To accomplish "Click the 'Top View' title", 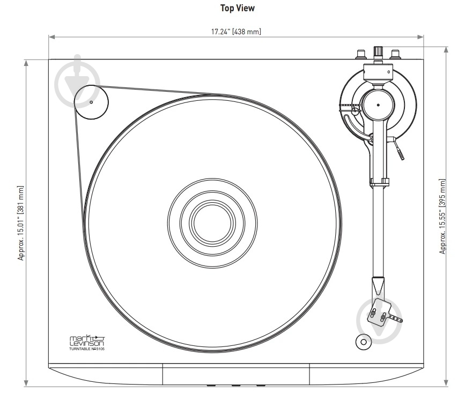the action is tap(237, 8).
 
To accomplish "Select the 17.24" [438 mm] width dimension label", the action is tap(236, 32).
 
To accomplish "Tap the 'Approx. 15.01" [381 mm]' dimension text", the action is tap(20, 223).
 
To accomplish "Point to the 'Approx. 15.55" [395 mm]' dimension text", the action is tap(442, 216).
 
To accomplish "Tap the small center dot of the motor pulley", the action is tap(91, 102).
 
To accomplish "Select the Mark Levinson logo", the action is tap(87, 341).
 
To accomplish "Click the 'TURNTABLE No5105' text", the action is tap(87, 349).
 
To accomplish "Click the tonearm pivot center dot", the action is tap(378, 105).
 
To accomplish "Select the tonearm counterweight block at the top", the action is tap(378, 72).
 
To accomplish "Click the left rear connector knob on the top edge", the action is tap(360, 55).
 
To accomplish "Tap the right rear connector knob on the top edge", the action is tap(395, 55).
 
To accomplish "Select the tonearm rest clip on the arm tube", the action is tap(379, 182).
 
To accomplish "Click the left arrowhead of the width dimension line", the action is tap(51, 37).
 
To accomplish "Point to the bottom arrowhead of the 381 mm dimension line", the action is tap(26, 383).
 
